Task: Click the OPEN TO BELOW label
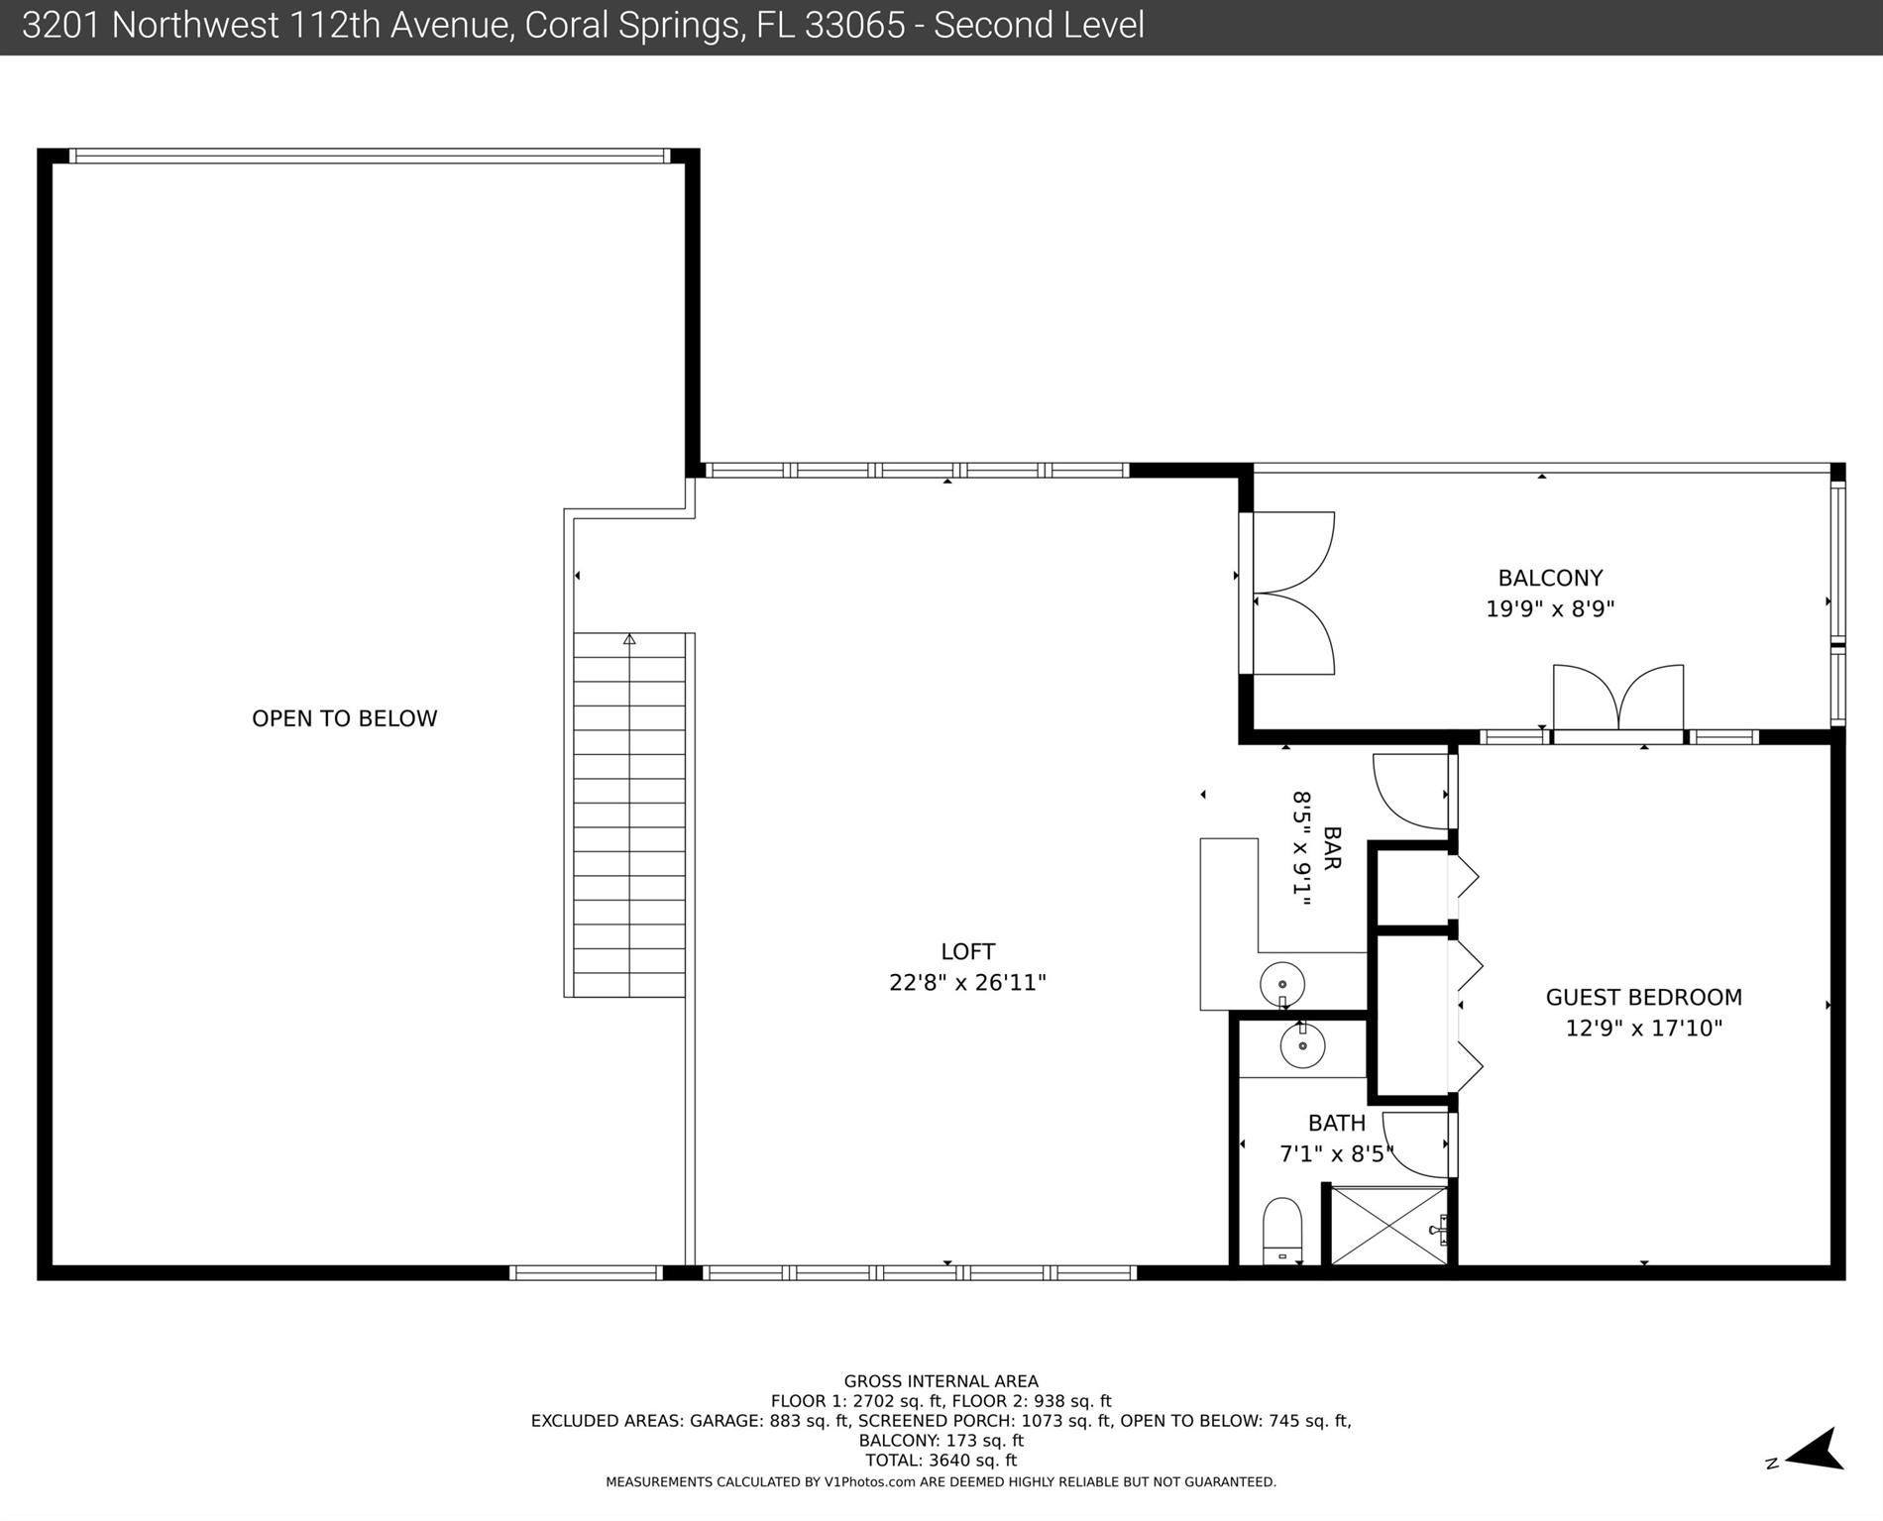pos(344,718)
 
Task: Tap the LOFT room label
pos(968,951)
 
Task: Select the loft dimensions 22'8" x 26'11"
pos(968,982)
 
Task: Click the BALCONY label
pos(1550,578)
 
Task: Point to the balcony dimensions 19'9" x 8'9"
pos(1550,608)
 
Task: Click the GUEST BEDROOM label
pos(1644,997)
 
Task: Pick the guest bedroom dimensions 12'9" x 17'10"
pos(1644,1028)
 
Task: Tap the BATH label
pos(1337,1123)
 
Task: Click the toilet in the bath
pos(1283,1231)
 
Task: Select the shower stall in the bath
pos(1388,1226)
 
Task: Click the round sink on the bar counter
pos(1282,985)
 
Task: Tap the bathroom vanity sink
pos(1302,1044)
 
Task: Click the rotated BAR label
pos(1332,848)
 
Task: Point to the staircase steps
pos(629,815)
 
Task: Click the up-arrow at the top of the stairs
pos(629,639)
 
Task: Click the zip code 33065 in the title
pos(855,26)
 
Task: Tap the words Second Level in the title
pos(1039,26)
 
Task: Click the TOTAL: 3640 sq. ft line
pos(941,1460)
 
